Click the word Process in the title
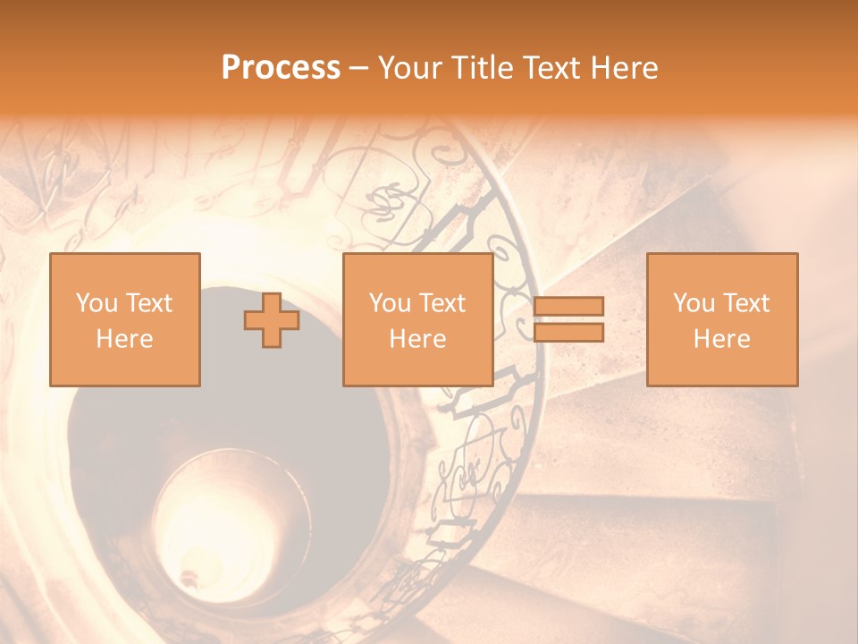(281, 68)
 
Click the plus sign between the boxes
(272, 320)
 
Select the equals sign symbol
(568, 319)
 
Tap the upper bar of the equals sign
(568, 307)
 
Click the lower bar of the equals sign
(568, 332)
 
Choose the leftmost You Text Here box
(125, 319)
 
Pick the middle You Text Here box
(417, 319)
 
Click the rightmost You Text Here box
(722, 319)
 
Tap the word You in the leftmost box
(96, 303)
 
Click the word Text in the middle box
(442, 303)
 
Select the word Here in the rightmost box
(722, 339)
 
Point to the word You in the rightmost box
(694, 303)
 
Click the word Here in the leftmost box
(125, 339)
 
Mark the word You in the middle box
(390, 303)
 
